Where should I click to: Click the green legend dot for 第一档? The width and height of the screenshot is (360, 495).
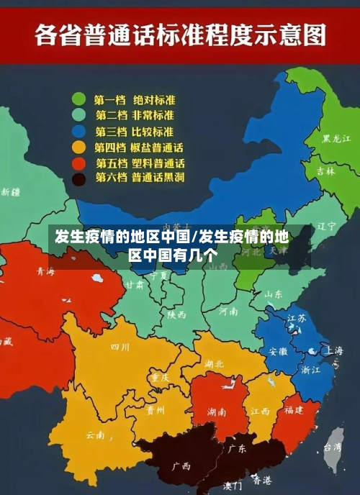coord(78,99)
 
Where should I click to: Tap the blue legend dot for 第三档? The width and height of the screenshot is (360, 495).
coord(78,132)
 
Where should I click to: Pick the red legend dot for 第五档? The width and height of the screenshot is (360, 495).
coord(78,163)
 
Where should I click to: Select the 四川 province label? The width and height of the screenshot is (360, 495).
coord(120,347)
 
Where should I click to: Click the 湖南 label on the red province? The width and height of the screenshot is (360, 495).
coord(217,412)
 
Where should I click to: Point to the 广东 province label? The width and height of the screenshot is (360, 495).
coord(237,448)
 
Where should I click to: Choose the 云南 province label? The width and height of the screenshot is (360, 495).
coord(95,435)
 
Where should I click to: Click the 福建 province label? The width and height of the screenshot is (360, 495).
coord(293,410)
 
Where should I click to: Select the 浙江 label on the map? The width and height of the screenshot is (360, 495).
coord(311,370)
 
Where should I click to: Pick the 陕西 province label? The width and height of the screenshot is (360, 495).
coord(176,314)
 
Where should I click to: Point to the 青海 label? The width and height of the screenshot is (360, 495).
coord(45,272)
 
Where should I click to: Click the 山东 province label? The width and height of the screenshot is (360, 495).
coord(273,294)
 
